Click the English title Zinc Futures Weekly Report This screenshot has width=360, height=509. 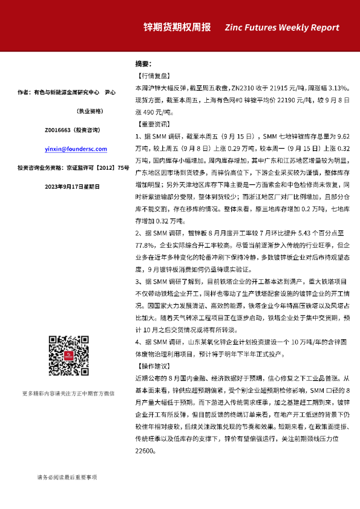click(x=282, y=28)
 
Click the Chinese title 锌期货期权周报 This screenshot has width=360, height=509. click(x=177, y=28)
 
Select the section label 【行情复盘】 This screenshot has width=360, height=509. click(x=151, y=76)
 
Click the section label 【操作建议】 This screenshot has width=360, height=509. click(x=151, y=367)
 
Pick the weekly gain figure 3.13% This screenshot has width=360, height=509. click(x=338, y=88)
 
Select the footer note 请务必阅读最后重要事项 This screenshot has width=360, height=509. click(x=67, y=478)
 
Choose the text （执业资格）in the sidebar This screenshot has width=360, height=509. click(x=90, y=111)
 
